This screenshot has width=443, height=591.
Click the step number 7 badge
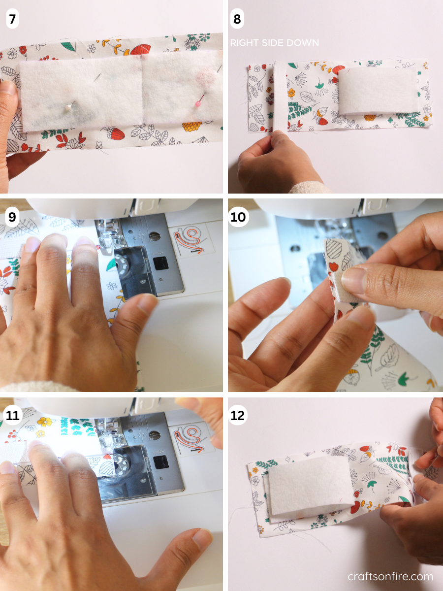pyautogui.click(x=12, y=20)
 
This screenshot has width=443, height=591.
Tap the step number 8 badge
pyautogui.click(x=237, y=20)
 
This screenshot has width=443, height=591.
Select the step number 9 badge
pyautogui.click(x=12, y=217)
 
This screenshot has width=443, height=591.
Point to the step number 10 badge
pyautogui.click(x=238, y=217)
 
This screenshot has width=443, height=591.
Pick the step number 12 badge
pyautogui.click(x=238, y=415)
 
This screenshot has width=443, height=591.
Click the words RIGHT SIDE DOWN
pyautogui.click(x=274, y=43)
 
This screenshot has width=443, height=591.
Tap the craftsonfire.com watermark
pyautogui.click(x=390, y=576)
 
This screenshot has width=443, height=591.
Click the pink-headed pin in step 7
pyautogui.click(x=198, y=104)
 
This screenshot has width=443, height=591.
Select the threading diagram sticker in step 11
pyautogui.click(x=190, y=436)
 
